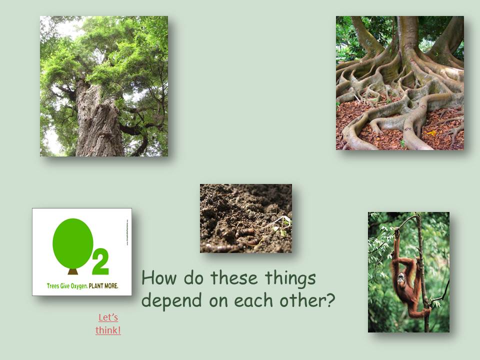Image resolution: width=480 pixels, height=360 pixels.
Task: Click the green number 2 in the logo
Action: coord(100,262)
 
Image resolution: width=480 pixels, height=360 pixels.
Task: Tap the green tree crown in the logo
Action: coord(73,242)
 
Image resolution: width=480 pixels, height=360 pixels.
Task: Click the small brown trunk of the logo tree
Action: coord(73,271)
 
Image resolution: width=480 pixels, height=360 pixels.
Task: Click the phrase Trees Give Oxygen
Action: coord(67,285)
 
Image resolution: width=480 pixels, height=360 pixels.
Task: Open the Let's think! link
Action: coord(108,323)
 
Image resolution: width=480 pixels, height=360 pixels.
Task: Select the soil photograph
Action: coord(245,218)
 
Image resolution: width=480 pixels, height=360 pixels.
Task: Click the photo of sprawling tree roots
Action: coord(399,83)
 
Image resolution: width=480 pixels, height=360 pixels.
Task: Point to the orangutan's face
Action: coord(401,276)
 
